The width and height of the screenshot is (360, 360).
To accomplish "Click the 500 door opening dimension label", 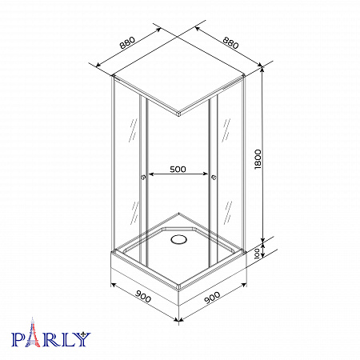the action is [x=178, y=169].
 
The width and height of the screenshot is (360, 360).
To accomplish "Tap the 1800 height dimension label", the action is [x=258, y=159].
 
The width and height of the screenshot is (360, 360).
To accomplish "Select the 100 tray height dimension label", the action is [x=257, y=254].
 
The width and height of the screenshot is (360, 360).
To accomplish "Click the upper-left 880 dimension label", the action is [x=127, y=42].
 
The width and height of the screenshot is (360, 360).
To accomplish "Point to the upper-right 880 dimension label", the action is [x=230, y=43].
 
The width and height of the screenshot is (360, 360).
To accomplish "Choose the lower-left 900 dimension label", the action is [x=143, y=296].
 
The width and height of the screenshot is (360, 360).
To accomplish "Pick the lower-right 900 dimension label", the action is [x=212, y=298].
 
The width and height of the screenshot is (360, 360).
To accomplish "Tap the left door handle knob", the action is [x=143, y=177].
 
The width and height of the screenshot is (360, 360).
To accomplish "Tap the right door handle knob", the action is [x=214, y=177].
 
